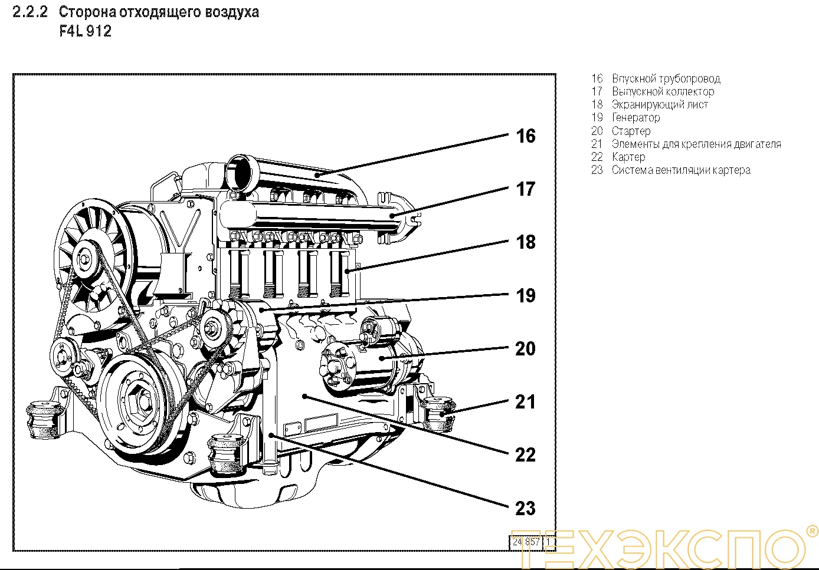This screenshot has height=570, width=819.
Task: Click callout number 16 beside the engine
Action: tap(525, 136)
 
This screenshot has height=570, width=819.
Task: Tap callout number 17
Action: tap(525, 189)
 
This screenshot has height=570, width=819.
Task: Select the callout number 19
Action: tap(525, 295)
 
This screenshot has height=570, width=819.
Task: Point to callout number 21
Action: tap(525, 402)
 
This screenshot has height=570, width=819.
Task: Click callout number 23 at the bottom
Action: tap(525, 508)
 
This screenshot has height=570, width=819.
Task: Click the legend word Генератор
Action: tap(635, 117)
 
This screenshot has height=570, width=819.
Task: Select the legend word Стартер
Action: tap(631, 131)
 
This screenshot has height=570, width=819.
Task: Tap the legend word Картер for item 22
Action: tap(628, 157)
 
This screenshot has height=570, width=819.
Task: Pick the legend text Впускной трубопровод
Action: tap(666, 78)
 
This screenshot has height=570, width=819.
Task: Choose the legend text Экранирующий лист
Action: tap(660, 104)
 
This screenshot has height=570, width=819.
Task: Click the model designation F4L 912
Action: tap(86, 31)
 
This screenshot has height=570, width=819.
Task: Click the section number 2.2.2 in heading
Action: tap(30, 12)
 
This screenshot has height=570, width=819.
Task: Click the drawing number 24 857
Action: tap(526, 541)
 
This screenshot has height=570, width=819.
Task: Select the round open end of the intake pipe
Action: tap(241, 172)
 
